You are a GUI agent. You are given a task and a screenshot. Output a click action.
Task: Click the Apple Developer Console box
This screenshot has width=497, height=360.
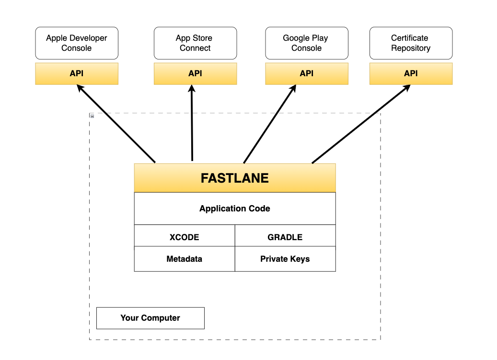pyautogui.click(x=77, y=43)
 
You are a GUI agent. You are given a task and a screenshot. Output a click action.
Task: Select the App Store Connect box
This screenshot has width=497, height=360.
pyautogui.click(x=195, y=43)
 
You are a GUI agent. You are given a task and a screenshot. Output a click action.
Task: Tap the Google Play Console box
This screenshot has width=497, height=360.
pyautogui.click(x=307, y=43)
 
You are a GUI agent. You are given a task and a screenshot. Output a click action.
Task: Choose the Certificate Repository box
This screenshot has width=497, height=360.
pyautogui.click(x=411, y=43)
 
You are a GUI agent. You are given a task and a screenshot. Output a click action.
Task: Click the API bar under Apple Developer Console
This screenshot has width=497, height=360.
pyautogui.click(x=77, y=74)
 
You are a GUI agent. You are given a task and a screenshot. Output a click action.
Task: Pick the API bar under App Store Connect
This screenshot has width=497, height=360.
pyautogui.click(x=195, y=74)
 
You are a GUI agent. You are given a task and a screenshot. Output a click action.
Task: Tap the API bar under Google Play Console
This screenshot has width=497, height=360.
pyautogui.click(x=307, y=74)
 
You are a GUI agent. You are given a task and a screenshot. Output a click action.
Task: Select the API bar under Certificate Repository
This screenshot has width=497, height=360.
pyautogui.click(x=411, y=74)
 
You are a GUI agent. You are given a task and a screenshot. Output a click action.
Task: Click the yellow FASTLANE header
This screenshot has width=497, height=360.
pyautogui.click(x=235, y=178)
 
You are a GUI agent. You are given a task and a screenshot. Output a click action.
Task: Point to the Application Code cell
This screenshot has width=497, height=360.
pyautogui.click(x=235, y=209)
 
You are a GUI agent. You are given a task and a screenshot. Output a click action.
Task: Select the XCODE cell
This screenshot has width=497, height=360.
pyautogui.click(x=185, y=237)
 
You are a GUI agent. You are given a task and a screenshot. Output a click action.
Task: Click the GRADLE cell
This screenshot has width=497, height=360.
pyautogui.click(x=285, y=237)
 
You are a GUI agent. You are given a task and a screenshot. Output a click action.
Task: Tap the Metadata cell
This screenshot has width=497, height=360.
pyautogui.click(x=185, y=259)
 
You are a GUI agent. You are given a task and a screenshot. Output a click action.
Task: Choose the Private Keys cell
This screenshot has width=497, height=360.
pyautogui.click(x=285, y=259)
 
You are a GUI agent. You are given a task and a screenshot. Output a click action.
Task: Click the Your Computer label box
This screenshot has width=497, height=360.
pyautogui.click(x=150, y=318)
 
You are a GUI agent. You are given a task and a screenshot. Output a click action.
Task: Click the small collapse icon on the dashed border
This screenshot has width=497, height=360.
pyautogui.click(x=92, y=116)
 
